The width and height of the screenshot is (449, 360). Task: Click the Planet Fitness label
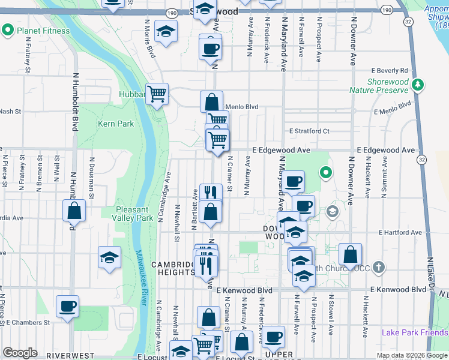coord(43,31)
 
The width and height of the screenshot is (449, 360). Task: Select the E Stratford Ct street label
coord(309,131)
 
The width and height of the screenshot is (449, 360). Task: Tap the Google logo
coord(20,353)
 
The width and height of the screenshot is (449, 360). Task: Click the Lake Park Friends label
coord(415,332)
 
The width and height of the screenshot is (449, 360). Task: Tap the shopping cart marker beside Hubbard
coord(157,94)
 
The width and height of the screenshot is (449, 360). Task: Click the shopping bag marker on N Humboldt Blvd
coord(74,211)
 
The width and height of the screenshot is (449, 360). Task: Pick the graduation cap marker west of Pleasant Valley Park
coord(110,257)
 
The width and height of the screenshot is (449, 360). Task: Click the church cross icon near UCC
coord(379,266)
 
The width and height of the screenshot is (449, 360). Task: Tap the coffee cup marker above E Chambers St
coord(67,307)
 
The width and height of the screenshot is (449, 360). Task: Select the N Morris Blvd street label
coord(149,38)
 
